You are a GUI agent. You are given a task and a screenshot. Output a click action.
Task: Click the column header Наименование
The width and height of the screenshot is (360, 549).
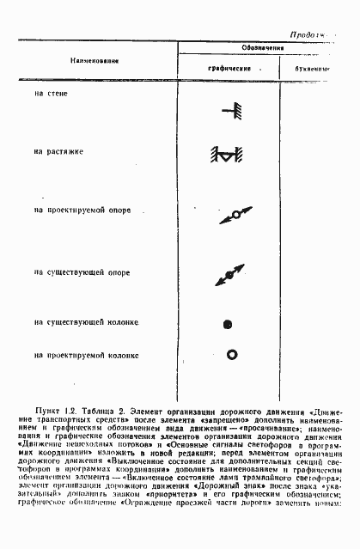pos(88,62)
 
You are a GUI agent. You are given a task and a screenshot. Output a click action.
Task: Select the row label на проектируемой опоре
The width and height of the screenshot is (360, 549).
pos(82,210)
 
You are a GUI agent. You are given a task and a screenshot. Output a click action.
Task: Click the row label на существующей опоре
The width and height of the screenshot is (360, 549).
pos(82,273)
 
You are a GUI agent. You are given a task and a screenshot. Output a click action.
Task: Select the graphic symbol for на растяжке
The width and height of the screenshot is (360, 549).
pos(225,156)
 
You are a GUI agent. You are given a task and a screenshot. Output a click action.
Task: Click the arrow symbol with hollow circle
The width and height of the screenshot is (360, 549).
pos(235,215)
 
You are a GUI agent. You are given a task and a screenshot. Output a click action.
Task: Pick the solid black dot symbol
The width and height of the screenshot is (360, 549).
pos(228,324)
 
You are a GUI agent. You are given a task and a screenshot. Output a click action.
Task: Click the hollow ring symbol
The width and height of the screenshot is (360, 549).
pos(230,354)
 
